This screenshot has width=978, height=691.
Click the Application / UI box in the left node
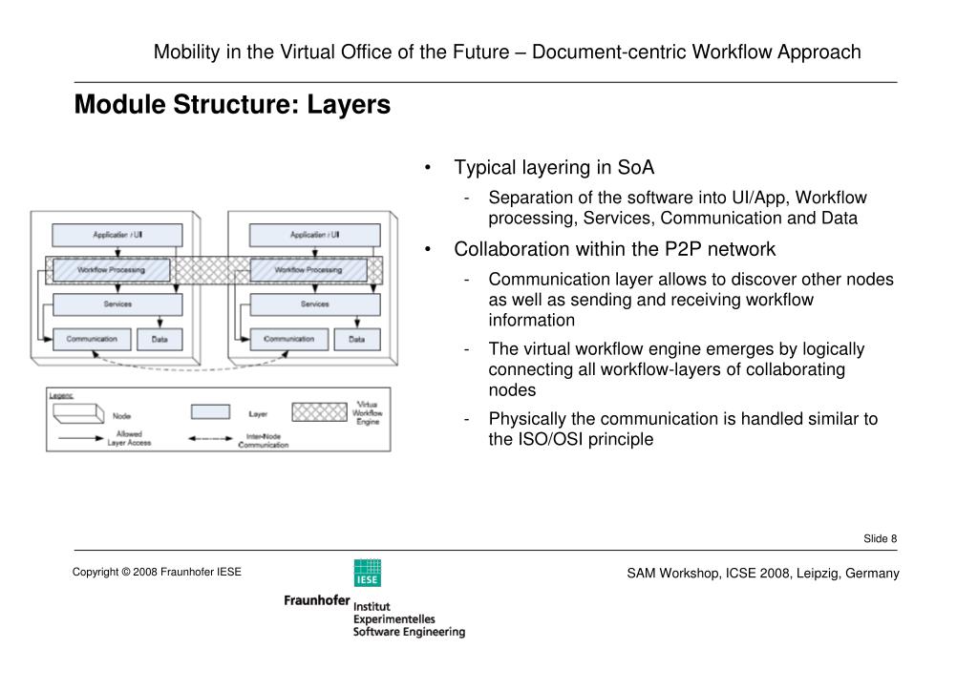tap(117, 235)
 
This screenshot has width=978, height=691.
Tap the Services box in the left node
tap(117, 304)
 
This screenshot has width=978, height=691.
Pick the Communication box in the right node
tap(288, 339)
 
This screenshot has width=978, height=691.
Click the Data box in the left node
tap(160, 339)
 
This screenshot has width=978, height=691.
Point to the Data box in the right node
tap(356, 339)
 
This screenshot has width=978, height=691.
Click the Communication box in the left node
tap(92, 339)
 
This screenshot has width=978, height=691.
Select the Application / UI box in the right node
tap(314, 235)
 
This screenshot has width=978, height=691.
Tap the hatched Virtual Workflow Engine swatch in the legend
tap(318, 411)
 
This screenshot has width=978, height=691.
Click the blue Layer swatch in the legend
tap(210, 412)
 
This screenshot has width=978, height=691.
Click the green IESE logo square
tap(367, 573)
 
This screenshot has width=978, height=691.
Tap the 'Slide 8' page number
tap(880, 539)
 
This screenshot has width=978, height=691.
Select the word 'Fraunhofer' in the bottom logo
tap(316, 600)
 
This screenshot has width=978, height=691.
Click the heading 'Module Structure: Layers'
tap(233, 105)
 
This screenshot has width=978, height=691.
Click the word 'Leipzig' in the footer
tap(810, 574)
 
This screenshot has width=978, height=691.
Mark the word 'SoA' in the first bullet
tap(635, 168)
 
